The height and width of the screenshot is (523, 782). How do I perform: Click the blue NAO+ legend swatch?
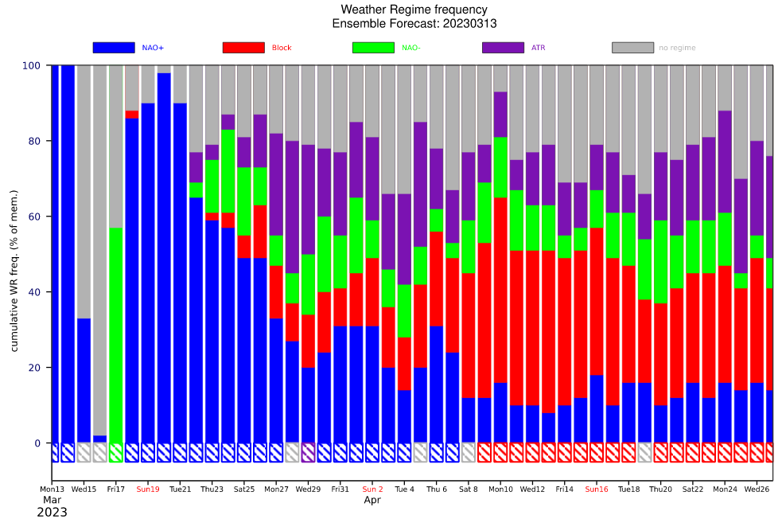coord(114,48)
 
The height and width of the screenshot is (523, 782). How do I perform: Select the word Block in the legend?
coord(282,48)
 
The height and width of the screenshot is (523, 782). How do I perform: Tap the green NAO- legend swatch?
coord(373,48)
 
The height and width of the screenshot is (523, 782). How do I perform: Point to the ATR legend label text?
coord(539,48)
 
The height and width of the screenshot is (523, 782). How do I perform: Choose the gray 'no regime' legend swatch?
coord(632,48)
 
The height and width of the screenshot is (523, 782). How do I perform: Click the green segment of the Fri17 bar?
coord(116,334)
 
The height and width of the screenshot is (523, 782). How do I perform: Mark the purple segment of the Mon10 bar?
coord(500,115)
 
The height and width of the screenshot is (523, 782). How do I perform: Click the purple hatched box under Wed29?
coord(308,452)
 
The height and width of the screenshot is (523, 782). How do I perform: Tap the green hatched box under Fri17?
coord(116,452)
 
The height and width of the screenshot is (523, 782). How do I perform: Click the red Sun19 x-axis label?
coord(148,489)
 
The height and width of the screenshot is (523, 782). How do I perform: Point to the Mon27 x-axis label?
coord(276,489)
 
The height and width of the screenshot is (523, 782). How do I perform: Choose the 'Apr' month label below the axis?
coord(372,501)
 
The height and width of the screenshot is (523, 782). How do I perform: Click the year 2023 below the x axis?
coord(52,512)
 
